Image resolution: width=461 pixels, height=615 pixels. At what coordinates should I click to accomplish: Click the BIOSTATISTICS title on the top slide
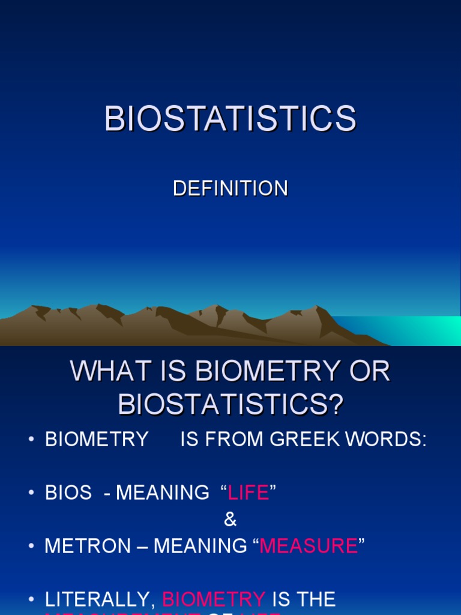point(230,118)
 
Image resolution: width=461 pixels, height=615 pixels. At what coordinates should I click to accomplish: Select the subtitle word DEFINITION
point(230,189)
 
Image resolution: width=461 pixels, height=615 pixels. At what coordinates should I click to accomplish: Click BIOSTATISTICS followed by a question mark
point(230,405)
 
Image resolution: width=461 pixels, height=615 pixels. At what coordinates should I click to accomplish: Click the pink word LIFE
point(249,493)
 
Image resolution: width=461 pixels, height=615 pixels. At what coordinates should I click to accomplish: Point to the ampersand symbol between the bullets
point(230,520)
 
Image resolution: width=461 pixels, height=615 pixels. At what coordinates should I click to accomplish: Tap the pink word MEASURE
point(309,546)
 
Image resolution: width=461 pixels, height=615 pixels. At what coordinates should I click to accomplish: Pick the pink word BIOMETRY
point(214,599)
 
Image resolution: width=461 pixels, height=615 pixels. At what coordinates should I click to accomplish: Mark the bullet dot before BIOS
point(31,493)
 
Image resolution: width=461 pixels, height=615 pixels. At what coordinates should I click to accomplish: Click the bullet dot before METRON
point(31,546)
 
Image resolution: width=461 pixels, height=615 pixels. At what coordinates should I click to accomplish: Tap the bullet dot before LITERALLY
point(31,599)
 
